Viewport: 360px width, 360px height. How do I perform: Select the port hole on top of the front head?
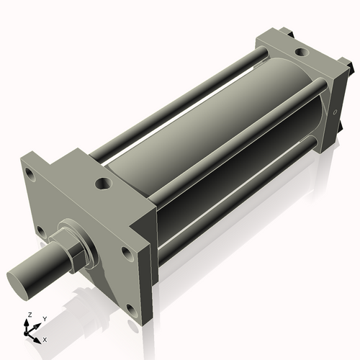point(103,185)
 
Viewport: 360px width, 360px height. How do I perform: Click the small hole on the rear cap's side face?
point(336,112)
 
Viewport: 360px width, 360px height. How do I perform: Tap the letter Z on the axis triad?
point(28,315)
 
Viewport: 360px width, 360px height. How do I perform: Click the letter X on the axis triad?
point(45,338)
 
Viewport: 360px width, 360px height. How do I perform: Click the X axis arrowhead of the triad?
point(39,336)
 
